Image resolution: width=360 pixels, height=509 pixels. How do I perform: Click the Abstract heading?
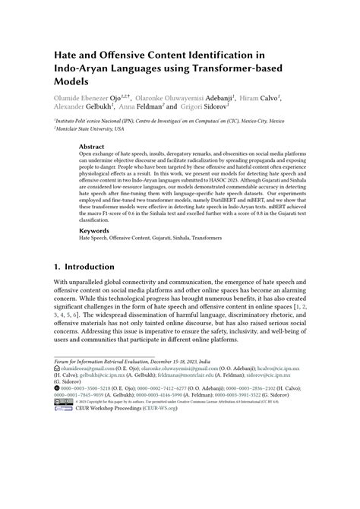click(x=92, y=146)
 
